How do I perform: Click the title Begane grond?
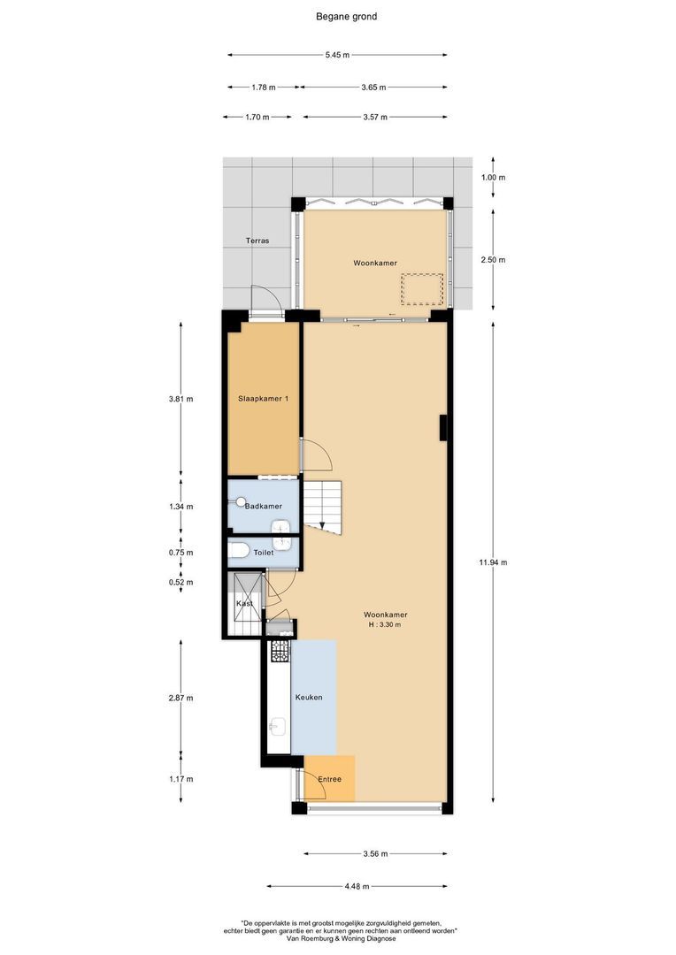(x=347, y=16)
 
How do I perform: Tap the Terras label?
(x=257, y=241)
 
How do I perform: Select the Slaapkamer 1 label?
(x=264, y=399)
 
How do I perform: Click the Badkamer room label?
(x=264, y=506)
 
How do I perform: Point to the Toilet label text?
(x=264, y=552)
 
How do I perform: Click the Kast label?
(x=244, y=603)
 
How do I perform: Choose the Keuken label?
(x=309, y=697)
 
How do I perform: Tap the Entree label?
(x=330, y=779)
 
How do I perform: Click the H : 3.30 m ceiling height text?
(x=385, y=625)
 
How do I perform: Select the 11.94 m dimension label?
(x=494, y=562)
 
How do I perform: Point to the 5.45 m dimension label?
(x=337, y=55)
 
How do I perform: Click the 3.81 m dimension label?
(x=181, y=399)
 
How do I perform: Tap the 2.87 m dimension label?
(x=181, y=698)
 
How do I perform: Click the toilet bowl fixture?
(x=238, y=553)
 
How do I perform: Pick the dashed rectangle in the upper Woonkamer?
(x=421, y=288)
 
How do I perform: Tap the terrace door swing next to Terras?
(x=266, y=302)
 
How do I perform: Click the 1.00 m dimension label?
(x=494, y=178)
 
